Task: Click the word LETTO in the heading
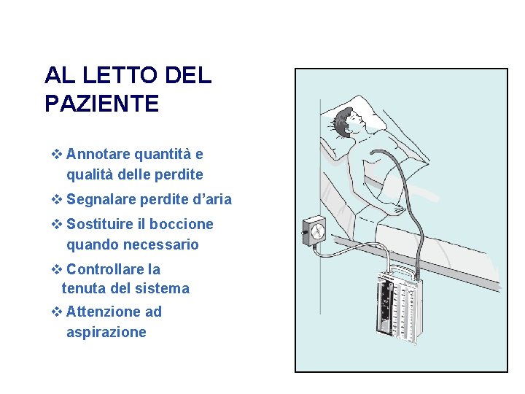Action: coord(120,75)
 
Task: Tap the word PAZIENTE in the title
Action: coord(102,103)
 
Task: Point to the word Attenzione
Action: coord(104,312)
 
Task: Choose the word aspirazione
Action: coord(106,333)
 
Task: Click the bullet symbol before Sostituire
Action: coord(57,224)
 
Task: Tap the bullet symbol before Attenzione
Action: coord(57,312)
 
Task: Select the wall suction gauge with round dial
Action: coord(314,231)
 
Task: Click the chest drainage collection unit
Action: coord(398,306)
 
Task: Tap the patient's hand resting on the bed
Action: coord(398,209)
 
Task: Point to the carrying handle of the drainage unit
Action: coord(402,270)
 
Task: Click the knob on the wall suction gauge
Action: coord(303,232)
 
